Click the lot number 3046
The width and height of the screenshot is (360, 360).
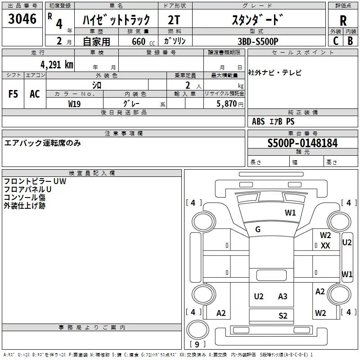coord(22,19)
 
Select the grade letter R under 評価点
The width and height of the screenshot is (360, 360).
coord(343,21)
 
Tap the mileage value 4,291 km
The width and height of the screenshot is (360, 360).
coord(57,65)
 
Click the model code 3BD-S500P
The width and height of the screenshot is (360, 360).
coord(258,41)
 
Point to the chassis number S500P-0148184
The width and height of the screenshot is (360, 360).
coord(302,143)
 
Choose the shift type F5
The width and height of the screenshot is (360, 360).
coord(13,94)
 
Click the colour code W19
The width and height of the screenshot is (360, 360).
coord(74,104)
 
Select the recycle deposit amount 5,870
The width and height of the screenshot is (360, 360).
coord(226,104)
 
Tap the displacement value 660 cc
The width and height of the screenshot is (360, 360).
coord(143,41)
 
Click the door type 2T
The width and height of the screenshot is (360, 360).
coord(174,20)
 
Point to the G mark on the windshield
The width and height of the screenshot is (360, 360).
coord(257,229)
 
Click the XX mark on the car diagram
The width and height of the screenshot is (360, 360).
coord(325,246)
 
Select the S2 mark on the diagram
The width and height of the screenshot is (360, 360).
coord(283,316)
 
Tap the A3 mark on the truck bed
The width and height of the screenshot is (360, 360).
coord(283,297)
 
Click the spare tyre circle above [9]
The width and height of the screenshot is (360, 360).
coord(198,330)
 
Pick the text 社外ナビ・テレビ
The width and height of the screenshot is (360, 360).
coord(274,73)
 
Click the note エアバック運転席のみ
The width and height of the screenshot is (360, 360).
coord(42,143)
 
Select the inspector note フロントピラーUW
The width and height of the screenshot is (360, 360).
coord(35,181)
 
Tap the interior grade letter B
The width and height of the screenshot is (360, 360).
coord(350,41)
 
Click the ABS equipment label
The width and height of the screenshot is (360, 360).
coord(258,121)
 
